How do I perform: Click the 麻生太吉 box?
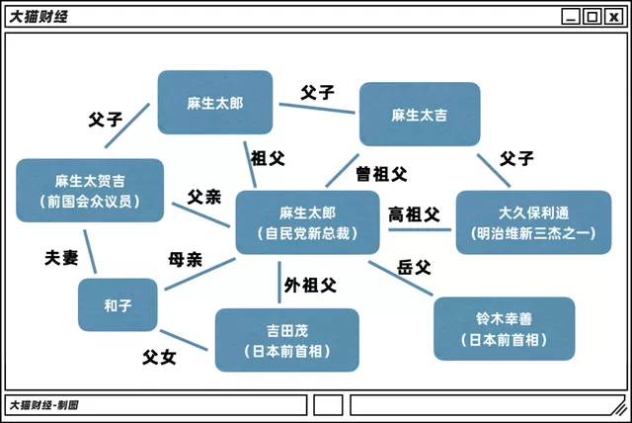(420, 114)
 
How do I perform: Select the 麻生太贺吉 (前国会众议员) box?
(90, 191)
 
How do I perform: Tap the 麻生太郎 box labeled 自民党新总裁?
(307, 222)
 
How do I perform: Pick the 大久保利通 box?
(533, 222)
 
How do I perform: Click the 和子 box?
(118, 304)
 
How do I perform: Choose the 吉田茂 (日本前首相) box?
(287, 340)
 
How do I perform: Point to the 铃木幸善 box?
(505, 329)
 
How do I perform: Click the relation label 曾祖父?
(381, 174)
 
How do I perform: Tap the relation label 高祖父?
(414, 214)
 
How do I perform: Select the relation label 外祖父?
(310, 285)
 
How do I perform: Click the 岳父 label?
(414, 267)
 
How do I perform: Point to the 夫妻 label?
(61, 258)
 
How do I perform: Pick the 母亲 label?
(185, 259)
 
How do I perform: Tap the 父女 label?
(159, 357)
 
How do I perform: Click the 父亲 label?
(204, 197)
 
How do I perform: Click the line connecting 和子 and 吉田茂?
(184, 340)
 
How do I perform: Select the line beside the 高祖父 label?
(420, 230)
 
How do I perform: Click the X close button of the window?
(614, 17)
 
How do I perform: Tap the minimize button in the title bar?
(571, 17)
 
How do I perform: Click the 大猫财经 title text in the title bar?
(39, 17)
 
